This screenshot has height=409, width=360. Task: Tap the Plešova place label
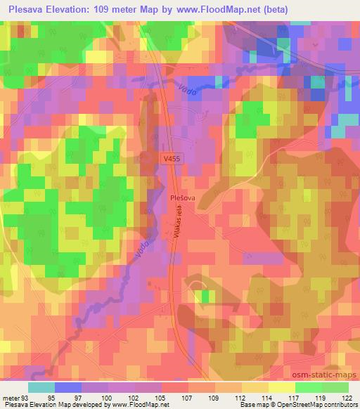point(183,199)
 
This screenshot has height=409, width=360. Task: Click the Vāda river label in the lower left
point(139,245)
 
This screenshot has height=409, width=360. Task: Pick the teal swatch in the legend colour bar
point(41,388)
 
